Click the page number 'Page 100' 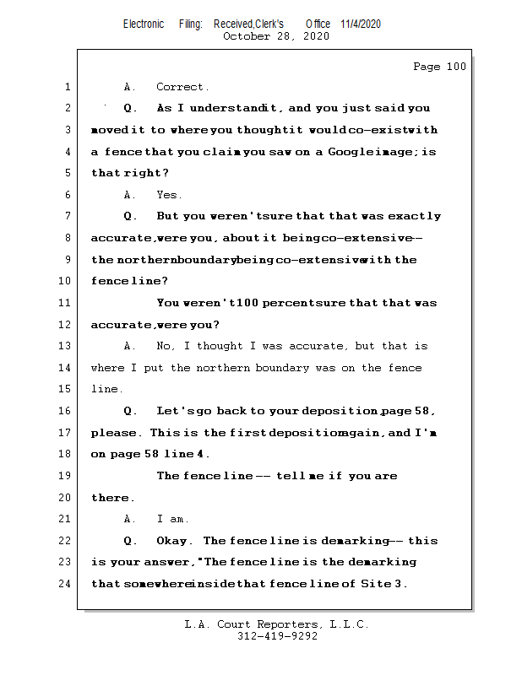(x=439, y=67)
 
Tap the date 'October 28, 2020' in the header (x=275, y=36)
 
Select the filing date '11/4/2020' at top (x=361, y=24)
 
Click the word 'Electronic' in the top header (x=144, y=24)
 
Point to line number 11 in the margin (x=66, y=303)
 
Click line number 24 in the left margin (x=66, y=584)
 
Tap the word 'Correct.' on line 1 (x=182, y=87)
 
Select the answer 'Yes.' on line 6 (x=169, y=195)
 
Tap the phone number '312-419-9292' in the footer (x=277, y=636)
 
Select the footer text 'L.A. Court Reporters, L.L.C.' (x=277, y=624)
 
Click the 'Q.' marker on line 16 (x=130, y=411)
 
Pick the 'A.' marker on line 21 (x=130, y=519)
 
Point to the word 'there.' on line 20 (x=113, y=498)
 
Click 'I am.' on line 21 (x=173, y=519)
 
